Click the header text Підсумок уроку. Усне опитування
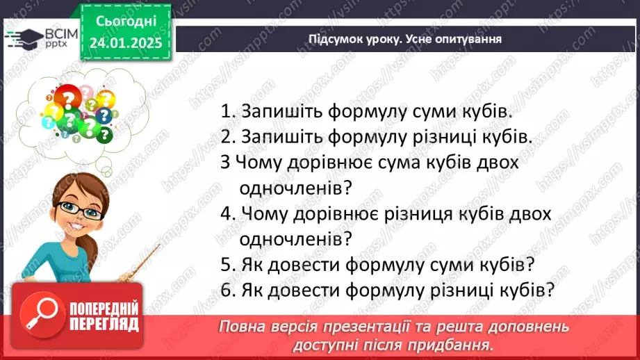pyautogui.click(x=405, y=39)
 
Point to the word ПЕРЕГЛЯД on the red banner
pyautogui.click(x=104, y=324)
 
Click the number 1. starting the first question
pyautogui.click(x=227, y=112)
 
